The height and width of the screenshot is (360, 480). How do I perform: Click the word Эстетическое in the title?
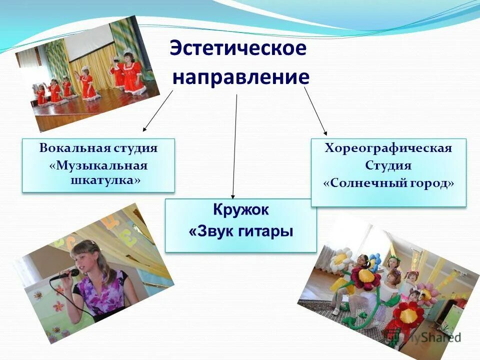[x=237, y=48]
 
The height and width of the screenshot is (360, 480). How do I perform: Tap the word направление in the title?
[x=241, y=78]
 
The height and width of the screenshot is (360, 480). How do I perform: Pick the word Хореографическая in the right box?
[x=388, y=148]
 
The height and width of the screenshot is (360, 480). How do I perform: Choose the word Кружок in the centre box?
[x=241, y=210]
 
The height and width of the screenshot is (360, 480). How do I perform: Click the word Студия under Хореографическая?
[x=388, y=165]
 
